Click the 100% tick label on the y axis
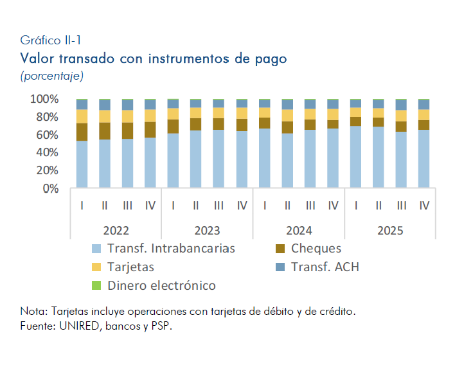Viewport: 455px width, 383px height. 44,99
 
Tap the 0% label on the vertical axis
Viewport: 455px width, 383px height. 50,188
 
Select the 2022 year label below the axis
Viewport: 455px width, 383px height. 116,231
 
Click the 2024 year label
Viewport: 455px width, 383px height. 299,231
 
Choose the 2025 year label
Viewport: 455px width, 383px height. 390,231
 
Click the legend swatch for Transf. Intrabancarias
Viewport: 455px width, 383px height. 96,249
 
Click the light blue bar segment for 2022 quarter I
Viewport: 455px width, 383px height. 82,164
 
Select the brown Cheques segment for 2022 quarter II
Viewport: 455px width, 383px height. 105,131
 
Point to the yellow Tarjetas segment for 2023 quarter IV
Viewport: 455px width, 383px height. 242,113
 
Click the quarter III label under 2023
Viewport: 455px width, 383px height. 219,206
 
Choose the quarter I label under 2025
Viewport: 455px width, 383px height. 355,206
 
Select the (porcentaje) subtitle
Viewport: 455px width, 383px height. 51,76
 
